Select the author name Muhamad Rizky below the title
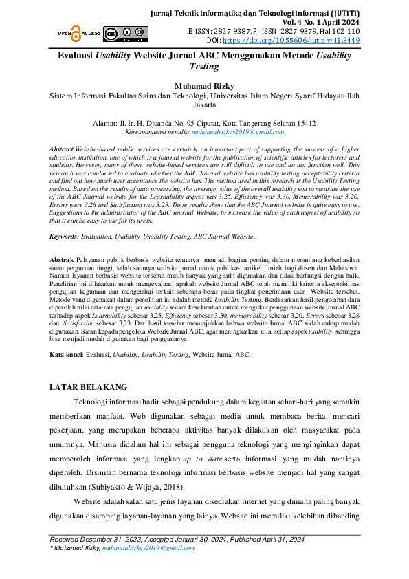click(x=204, y=87)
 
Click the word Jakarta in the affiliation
click(x=204, y=107)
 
